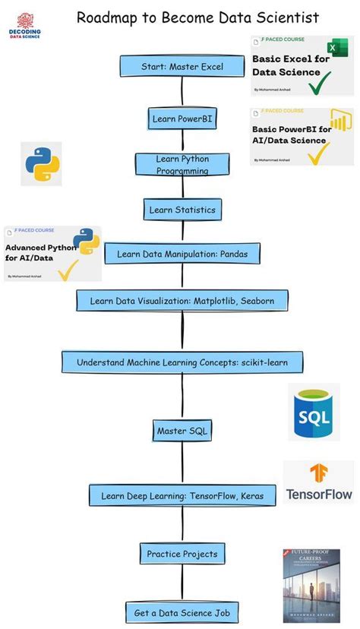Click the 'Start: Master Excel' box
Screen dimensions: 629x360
pos(182,67)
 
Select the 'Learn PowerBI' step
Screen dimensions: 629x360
pos(182,119)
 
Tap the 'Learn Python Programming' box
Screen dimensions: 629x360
pos(182,165)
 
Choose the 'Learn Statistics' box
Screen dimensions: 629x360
pos(182,210)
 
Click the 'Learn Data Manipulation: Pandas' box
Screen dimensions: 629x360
pos(182,254)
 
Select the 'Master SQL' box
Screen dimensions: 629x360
pos(182,431)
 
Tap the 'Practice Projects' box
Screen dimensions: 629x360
pos(182,554)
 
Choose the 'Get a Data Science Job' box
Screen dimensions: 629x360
pos(182,612)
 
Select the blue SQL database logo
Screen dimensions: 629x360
pos(314,411)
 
